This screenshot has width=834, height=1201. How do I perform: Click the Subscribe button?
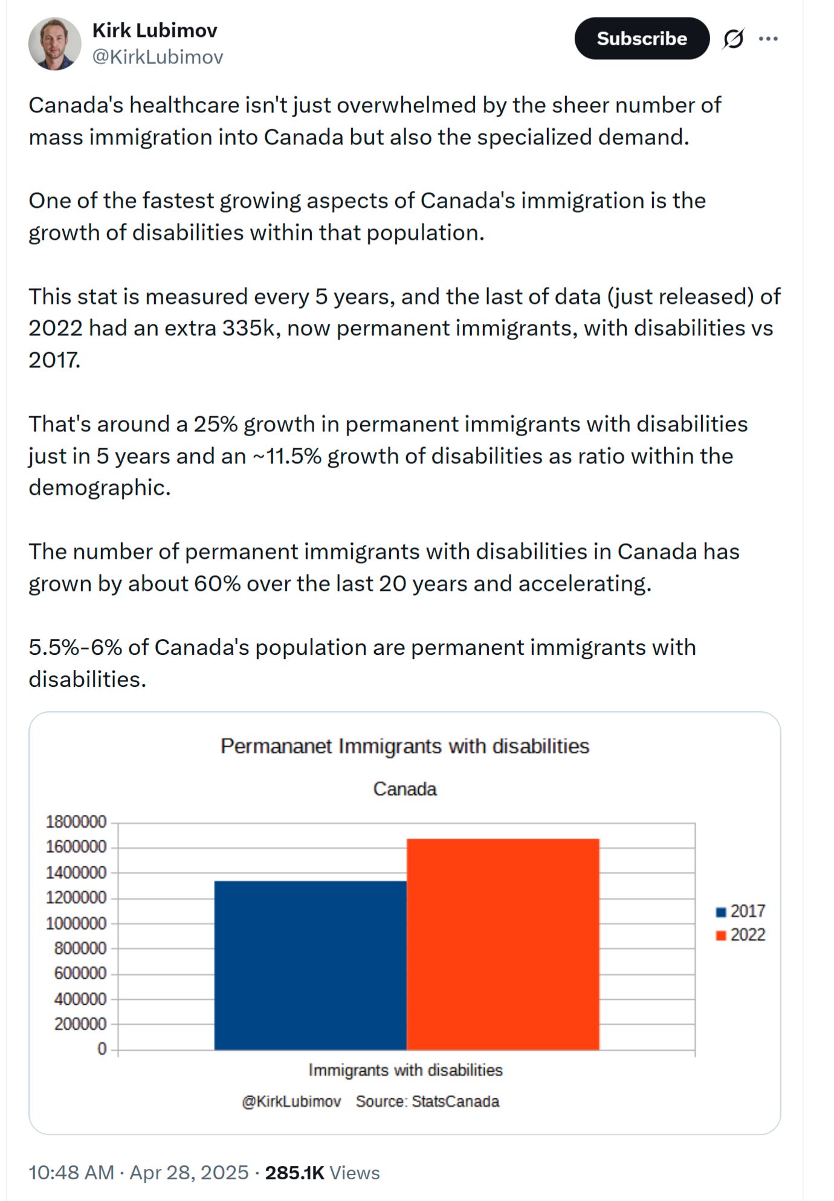641,38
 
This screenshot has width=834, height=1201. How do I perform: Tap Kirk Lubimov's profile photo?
55,43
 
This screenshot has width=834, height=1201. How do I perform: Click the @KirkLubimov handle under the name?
158,57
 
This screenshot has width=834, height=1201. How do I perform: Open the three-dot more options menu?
768,39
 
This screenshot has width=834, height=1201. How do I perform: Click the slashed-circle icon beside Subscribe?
733,39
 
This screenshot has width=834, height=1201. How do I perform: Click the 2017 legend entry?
741,911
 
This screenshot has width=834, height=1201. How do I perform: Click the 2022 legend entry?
741,935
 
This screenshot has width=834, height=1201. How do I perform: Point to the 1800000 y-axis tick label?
76,822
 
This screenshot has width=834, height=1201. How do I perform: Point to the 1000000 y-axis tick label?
76,923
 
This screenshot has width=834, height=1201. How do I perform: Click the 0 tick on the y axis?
102,1049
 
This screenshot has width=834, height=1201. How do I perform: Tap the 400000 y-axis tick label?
80,999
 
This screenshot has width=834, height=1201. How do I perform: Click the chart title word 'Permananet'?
276,746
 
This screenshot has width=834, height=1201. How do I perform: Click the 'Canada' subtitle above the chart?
405,789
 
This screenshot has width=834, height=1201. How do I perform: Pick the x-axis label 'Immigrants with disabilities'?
406,1070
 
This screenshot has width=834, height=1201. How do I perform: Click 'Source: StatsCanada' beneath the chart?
428,1101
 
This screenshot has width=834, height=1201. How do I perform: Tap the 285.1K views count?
295,1173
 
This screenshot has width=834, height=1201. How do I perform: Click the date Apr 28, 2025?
189,1173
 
